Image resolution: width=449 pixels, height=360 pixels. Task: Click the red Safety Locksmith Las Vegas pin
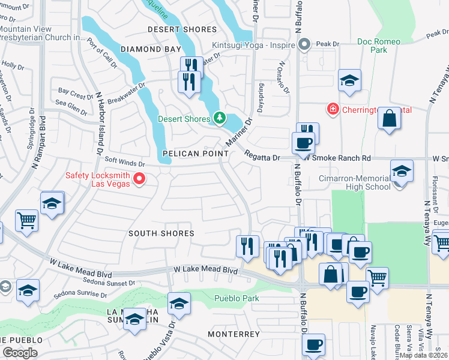(139, 178)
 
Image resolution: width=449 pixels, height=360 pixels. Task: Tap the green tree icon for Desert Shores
(220, 118)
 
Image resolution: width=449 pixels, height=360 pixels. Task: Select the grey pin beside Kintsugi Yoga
(304, 44)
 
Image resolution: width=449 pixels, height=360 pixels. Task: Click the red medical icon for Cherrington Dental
(331, 109)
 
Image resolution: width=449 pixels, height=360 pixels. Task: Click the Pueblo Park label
(237, 298)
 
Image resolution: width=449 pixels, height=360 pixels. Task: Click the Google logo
(20, 353)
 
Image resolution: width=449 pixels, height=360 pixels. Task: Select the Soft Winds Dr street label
(125, 163)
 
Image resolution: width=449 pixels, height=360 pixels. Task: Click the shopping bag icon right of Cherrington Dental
(389, 118)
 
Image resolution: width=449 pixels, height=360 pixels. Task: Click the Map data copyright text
(423, 355)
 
